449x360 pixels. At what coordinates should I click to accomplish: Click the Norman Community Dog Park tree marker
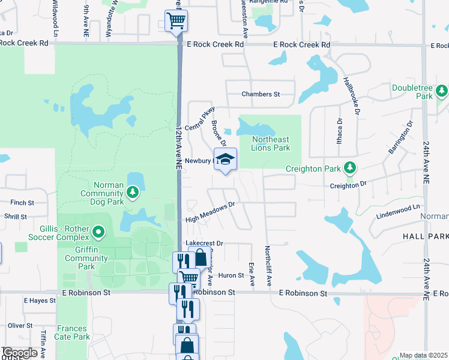(133, 193)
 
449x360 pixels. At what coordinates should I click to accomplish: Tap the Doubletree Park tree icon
(442, 91)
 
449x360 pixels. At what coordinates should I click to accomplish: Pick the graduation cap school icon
(226, 160)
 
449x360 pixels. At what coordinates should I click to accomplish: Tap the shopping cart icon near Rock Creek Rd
(176, 21)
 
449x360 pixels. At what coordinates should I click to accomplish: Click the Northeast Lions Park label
(271, 143)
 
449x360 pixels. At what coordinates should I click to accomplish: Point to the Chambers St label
(261, 94)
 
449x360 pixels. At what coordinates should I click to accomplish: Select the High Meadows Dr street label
(209, 212)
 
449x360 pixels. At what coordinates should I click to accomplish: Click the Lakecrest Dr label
(205, 243)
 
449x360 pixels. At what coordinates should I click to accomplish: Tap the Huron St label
(231, 275)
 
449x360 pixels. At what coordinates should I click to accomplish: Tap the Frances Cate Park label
(72, 332)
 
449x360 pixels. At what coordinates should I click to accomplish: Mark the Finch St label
(22, 203)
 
